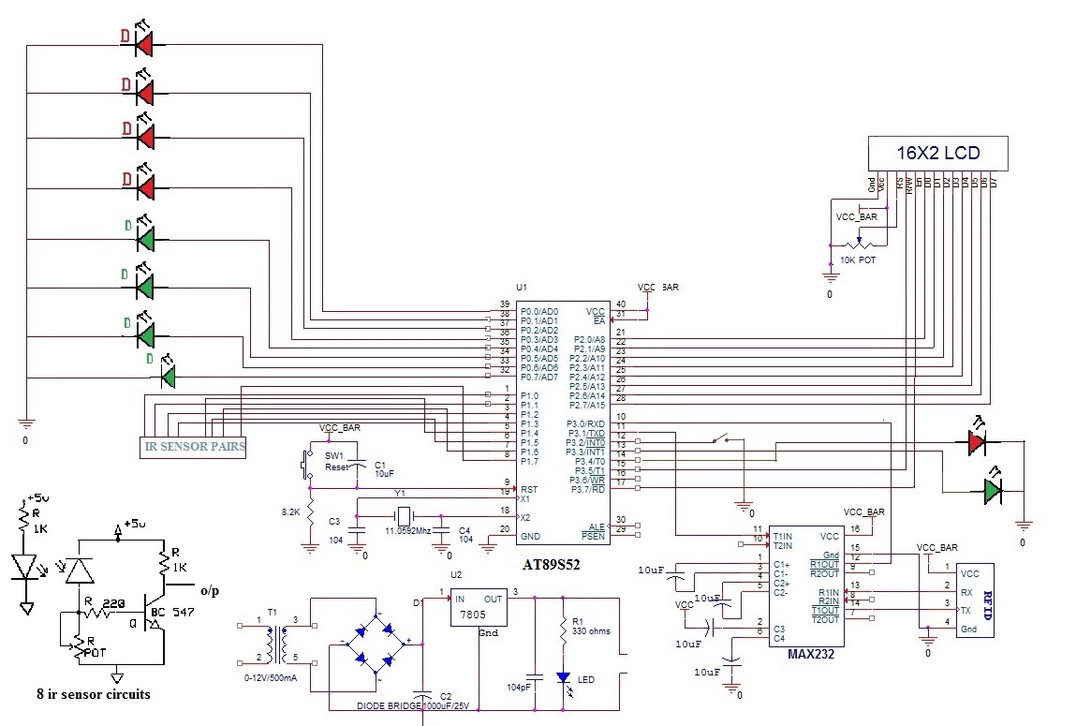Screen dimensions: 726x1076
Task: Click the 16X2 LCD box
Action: [938, 153]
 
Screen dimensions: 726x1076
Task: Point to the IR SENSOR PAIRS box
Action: [194, 447]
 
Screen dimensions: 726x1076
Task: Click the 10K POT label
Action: [857, 259]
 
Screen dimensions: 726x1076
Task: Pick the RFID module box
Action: [973, 600]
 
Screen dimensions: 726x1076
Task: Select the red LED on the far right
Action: [976, 440]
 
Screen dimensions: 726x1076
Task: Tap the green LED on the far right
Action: [992, 489]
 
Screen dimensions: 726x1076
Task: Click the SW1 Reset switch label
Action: [335, 461]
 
